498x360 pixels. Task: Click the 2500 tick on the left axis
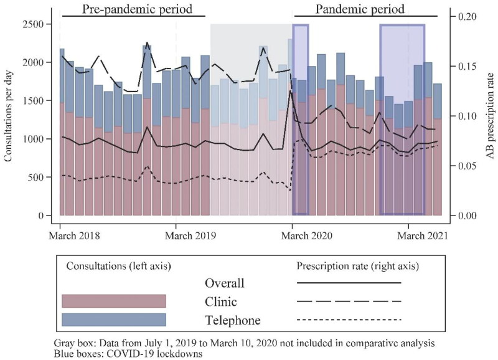click(x=36, y=24)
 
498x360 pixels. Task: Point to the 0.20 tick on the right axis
click(x=466, y=16)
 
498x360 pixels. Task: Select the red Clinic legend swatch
click(x=114, y=301)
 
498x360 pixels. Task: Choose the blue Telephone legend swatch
click(x=114, y=320)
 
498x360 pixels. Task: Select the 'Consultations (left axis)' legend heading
click(x=119, y=266)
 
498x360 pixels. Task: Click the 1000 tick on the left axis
click(x=36, y=139)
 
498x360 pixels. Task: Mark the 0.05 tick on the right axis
click(x=466, y=166)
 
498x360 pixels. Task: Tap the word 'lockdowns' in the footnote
click(x=181, y=353)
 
